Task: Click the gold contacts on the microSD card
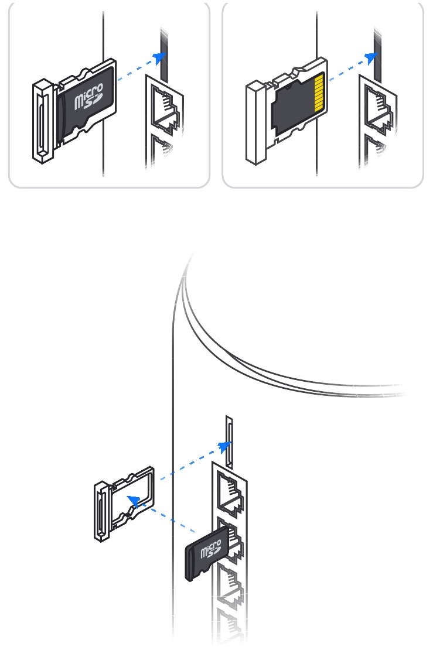[319, 93]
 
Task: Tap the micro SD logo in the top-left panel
[88, 97]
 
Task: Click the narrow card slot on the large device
[229, 442]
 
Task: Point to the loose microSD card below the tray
[207, 553]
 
